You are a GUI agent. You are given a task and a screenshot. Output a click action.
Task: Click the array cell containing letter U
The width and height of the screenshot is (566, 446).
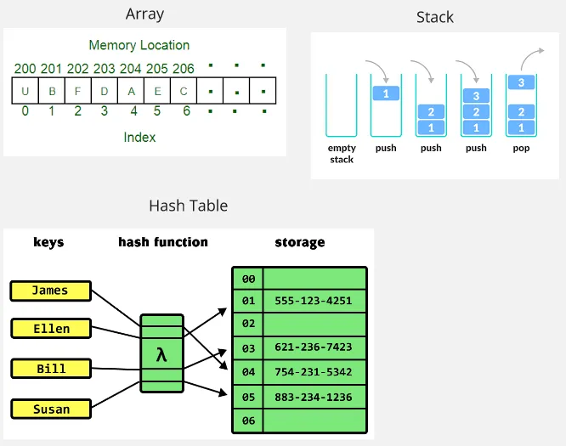25,91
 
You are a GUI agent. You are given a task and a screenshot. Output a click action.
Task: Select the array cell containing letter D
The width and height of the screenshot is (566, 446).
105,91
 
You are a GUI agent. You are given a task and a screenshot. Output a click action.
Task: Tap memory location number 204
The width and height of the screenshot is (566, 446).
130,69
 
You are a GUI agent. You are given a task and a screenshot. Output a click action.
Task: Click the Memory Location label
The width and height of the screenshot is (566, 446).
139,45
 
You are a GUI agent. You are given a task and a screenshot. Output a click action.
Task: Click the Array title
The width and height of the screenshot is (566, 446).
144,14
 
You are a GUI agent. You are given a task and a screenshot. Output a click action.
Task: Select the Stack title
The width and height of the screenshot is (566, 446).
434,17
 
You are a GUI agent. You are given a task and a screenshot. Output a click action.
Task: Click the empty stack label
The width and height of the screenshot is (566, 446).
342,153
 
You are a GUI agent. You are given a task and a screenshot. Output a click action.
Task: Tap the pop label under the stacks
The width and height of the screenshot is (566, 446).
522,148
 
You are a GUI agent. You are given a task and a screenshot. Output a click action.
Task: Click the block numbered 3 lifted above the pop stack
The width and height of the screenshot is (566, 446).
522,83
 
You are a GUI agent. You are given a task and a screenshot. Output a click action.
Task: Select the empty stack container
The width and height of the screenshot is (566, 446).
342,105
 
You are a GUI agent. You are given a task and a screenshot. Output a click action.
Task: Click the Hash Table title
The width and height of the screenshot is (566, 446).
188,206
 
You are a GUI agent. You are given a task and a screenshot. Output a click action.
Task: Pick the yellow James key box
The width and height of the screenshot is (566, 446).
50,291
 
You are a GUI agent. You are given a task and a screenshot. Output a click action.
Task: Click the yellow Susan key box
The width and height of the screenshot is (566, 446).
51,409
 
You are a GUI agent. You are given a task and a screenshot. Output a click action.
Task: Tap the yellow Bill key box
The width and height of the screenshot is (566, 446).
51,369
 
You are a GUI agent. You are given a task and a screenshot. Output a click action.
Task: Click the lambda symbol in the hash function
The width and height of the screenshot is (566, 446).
161,354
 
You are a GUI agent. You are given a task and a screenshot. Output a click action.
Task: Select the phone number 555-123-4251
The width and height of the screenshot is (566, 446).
313,301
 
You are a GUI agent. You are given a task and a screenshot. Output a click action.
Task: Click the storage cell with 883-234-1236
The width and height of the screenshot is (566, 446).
313,397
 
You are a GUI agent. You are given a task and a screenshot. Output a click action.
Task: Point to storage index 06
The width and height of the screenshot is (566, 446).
248,421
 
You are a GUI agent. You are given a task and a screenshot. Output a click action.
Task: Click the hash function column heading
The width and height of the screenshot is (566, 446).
163,242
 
